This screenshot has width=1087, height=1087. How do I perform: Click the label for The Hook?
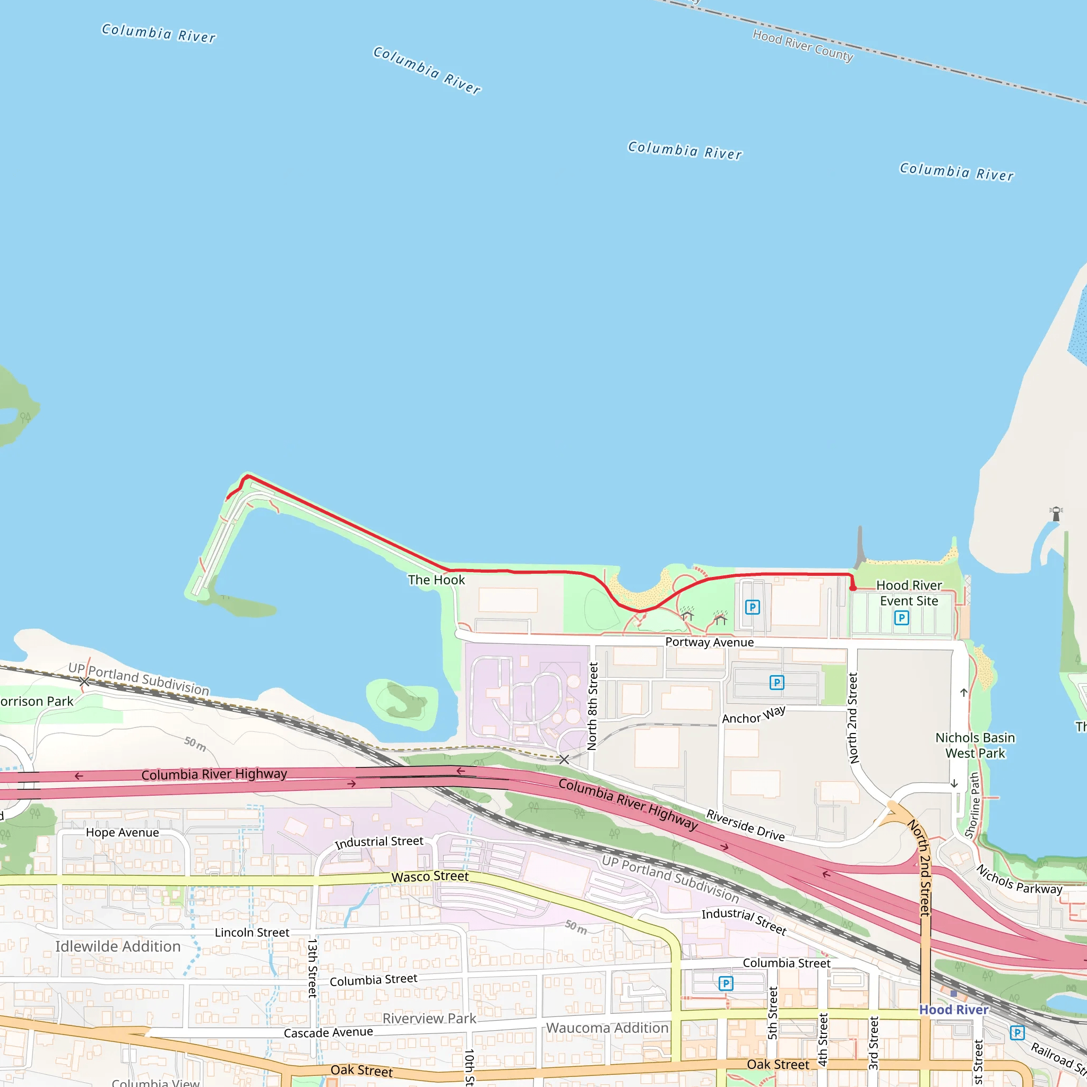pyautogui.click(x=436, y=580)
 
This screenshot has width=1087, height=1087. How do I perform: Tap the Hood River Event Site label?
pyautogui.click(x=909, y=593)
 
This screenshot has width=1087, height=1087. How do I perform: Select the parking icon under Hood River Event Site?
pyautogui.click(x=901, y=618)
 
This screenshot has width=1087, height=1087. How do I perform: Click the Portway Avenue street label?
pyautogui.click(x=709, y=642)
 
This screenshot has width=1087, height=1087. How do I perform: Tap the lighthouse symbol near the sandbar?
pyautogui.click(x=1056, y=514)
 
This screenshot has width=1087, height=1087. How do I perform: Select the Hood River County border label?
pyautogui.click(x=803, y=46)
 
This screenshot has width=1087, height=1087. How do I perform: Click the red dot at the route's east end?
pyautogui.click(x=853, y=588)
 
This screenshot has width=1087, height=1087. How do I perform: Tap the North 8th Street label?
pyautogui.click(x=592, y=705)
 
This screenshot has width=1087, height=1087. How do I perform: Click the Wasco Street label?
pyautogui.click(x=430, y=877)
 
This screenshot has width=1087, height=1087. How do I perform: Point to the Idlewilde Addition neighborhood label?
pyautogui.click(x=118, y=946)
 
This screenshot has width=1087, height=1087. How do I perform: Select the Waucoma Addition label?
pyautogui.click(x=607, y=1028)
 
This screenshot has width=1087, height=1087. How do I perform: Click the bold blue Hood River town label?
pyautogui.click(x=953, y=1010)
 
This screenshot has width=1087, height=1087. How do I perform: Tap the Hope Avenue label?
pyautogui.click(x=122, y=832)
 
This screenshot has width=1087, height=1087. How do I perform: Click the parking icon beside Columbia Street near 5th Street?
pyautogui.click(x=726, y=983)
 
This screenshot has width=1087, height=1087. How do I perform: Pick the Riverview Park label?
pyautogui.click(x=429, y=1019)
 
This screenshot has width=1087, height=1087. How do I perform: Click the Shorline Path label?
pyautogui.click(x=973, y=805)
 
